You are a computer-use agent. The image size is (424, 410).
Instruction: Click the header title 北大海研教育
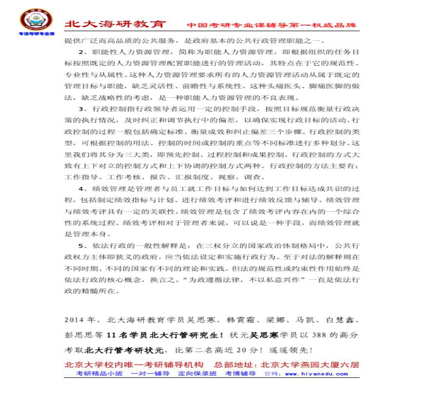(x=116, y=24)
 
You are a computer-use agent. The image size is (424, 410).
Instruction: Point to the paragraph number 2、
(x=83, y=52)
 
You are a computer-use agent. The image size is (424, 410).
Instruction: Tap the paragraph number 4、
(x=83, y=189)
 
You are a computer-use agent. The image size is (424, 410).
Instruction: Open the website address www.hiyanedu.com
(x=316, y=374)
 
